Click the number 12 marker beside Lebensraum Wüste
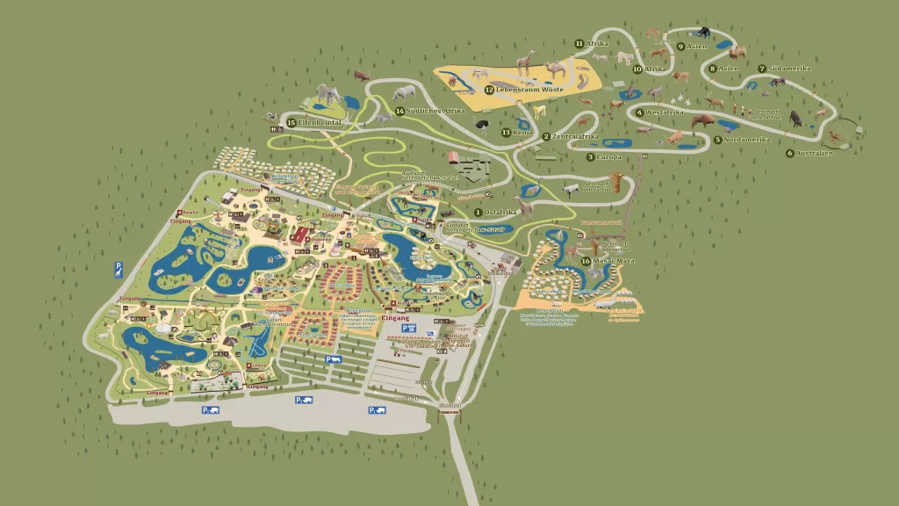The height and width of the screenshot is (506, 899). [489, 90]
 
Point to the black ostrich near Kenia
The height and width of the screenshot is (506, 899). [483, 123]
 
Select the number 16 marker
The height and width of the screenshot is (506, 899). [586, 261]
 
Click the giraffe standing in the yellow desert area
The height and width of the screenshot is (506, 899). [524, 62]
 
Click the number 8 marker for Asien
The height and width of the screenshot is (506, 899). [712, 69]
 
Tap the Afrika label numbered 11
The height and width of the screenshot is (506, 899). [597, 43]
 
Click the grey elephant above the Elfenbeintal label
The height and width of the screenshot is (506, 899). [327, 96]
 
